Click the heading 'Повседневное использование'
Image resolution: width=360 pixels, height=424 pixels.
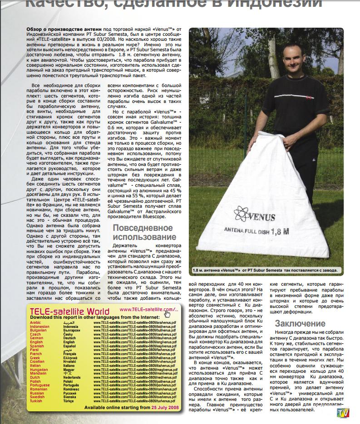tap(144, 232)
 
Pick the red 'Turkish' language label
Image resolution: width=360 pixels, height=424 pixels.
tap(36, 401)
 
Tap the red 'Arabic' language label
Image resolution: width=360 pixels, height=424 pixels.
tap(35, 322)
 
